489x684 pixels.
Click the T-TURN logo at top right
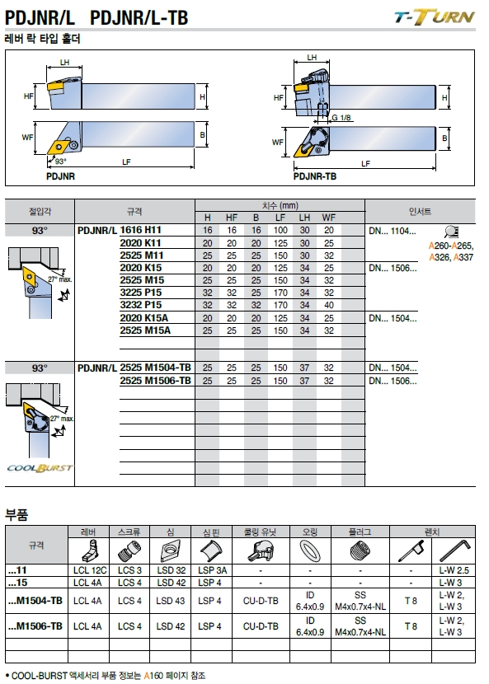click(434, 18)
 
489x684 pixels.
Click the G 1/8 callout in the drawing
click(341, 118)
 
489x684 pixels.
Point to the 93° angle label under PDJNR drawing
click(61, 162)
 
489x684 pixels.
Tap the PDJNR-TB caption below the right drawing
click(315, 176)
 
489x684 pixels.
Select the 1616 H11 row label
click(140, 230)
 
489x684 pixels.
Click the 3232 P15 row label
click(140, 305)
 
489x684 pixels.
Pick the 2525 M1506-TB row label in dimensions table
click(155, 381)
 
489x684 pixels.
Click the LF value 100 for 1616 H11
click(280, 230)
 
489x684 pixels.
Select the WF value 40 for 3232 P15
click(329, 306)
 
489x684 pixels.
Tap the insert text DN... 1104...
click(392, 231)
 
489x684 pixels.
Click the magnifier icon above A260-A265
click(451, 232)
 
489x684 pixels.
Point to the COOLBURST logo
click(40, 468)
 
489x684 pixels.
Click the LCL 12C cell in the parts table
click(90, 570)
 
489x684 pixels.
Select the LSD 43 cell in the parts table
click(170, 601)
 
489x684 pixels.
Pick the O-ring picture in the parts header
click(310, 550)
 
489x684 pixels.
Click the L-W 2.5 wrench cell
click(454, 570)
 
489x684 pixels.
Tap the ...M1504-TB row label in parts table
click(35, 601)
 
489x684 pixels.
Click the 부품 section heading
click(16, 515)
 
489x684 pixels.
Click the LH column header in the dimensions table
click(304, 218)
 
